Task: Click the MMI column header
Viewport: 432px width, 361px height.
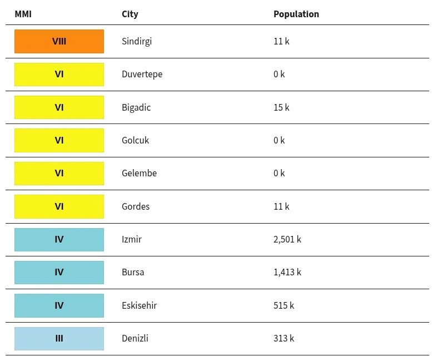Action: point(23,14)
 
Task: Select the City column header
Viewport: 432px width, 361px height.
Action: point(130,14)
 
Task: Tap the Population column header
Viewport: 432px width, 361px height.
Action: point(296,14)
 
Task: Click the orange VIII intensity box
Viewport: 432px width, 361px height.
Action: point(59,41)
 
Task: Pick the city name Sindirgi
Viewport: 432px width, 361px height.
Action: point(137,41)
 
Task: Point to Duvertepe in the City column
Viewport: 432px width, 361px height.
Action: point(142,75)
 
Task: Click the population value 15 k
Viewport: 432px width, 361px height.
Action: point(281,107)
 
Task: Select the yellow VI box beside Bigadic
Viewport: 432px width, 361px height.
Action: point(59,107)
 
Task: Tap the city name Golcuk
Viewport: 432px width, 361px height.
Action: point(135,140)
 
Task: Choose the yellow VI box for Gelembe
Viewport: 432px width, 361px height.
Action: point(59,174)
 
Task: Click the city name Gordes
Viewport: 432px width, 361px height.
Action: point(136,206)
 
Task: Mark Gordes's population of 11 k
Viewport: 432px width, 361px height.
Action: point(281,206)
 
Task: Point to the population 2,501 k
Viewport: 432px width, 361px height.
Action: point(287,240)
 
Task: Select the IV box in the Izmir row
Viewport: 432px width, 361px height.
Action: point(59,240)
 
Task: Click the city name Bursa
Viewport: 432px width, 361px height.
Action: point(133,272)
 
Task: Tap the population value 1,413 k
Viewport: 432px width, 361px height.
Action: point(287,272)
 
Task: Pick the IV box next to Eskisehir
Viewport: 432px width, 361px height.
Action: point(59,305)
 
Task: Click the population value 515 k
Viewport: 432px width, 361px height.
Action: point(284,305)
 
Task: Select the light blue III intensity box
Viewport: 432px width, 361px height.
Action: point(59,339)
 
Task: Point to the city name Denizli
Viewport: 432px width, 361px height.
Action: point(135,338)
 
